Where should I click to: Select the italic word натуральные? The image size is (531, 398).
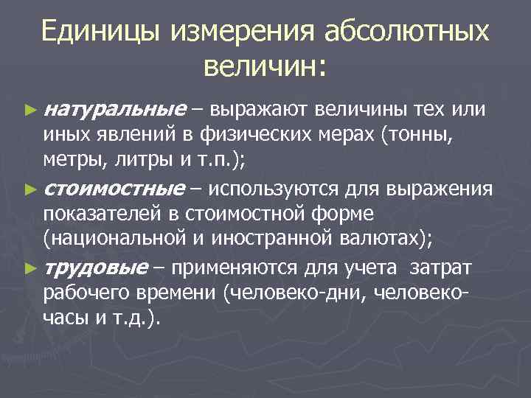pyautogui.click(x=114, y=110)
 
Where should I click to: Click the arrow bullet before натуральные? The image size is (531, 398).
pyautogui.click(x=30, y=111)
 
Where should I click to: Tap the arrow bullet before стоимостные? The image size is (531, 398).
pyautogui.click(x=30, y=189)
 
